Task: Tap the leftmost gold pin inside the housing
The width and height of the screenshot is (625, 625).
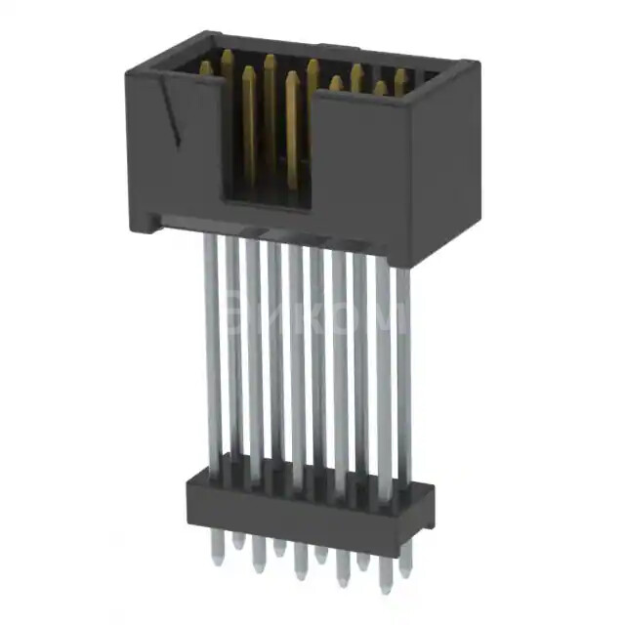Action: coord(206,68)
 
